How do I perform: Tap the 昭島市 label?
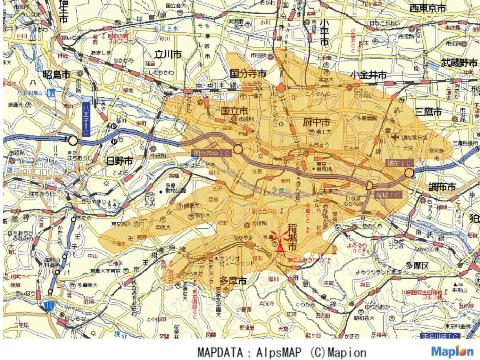[x=56, y=76]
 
